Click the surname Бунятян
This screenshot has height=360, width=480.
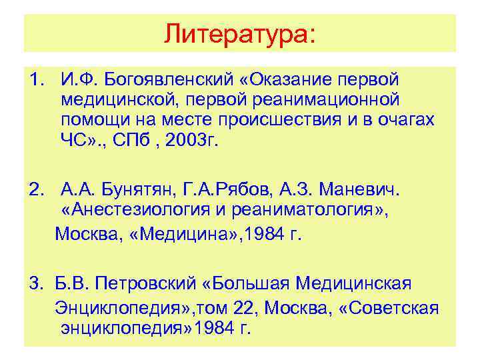coord(130,192)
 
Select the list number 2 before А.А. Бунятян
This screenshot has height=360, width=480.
coord(35,192)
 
